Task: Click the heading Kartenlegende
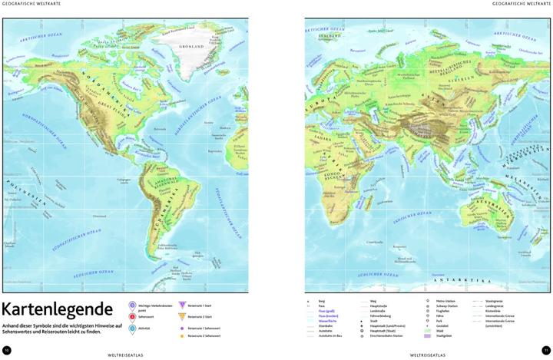tap(58, 312)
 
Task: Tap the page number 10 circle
tap(7, 350)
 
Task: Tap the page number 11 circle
tap(546, 350)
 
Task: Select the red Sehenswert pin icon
tap(133, 316)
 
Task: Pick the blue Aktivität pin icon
tap(133, 329)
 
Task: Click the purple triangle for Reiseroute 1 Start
tap(182, 305)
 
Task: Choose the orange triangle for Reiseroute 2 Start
tap(182, 316)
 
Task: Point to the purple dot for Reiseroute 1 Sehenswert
tap(182, 327)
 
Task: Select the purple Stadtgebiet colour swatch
tap(426, 336)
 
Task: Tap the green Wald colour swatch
tap(426, 331)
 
